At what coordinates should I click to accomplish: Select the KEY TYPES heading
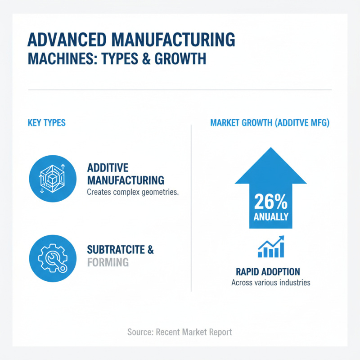click(x=47, y=123)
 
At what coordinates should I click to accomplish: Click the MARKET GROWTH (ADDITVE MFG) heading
click(x=270, y=123)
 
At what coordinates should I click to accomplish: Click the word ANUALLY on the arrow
click(x=270, y=216)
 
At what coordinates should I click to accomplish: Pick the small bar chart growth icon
click(x=270, y=247)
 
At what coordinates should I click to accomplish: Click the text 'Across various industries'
click(x=270, y=283)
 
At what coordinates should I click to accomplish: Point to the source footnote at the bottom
click(x=180, y=332)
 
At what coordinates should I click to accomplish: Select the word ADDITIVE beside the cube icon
click(x=108, y=168)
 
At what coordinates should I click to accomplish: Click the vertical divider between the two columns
click(x=192, y=207)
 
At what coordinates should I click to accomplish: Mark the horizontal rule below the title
click(x=180, y=90)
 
